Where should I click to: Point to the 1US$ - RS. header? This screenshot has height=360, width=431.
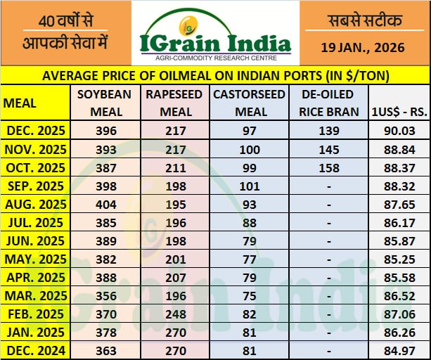399,112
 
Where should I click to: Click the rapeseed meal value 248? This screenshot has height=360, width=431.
173,314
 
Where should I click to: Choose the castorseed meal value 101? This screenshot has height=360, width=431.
250,186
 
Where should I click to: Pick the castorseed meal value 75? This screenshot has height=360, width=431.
250,296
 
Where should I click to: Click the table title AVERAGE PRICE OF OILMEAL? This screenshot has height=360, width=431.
215,75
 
